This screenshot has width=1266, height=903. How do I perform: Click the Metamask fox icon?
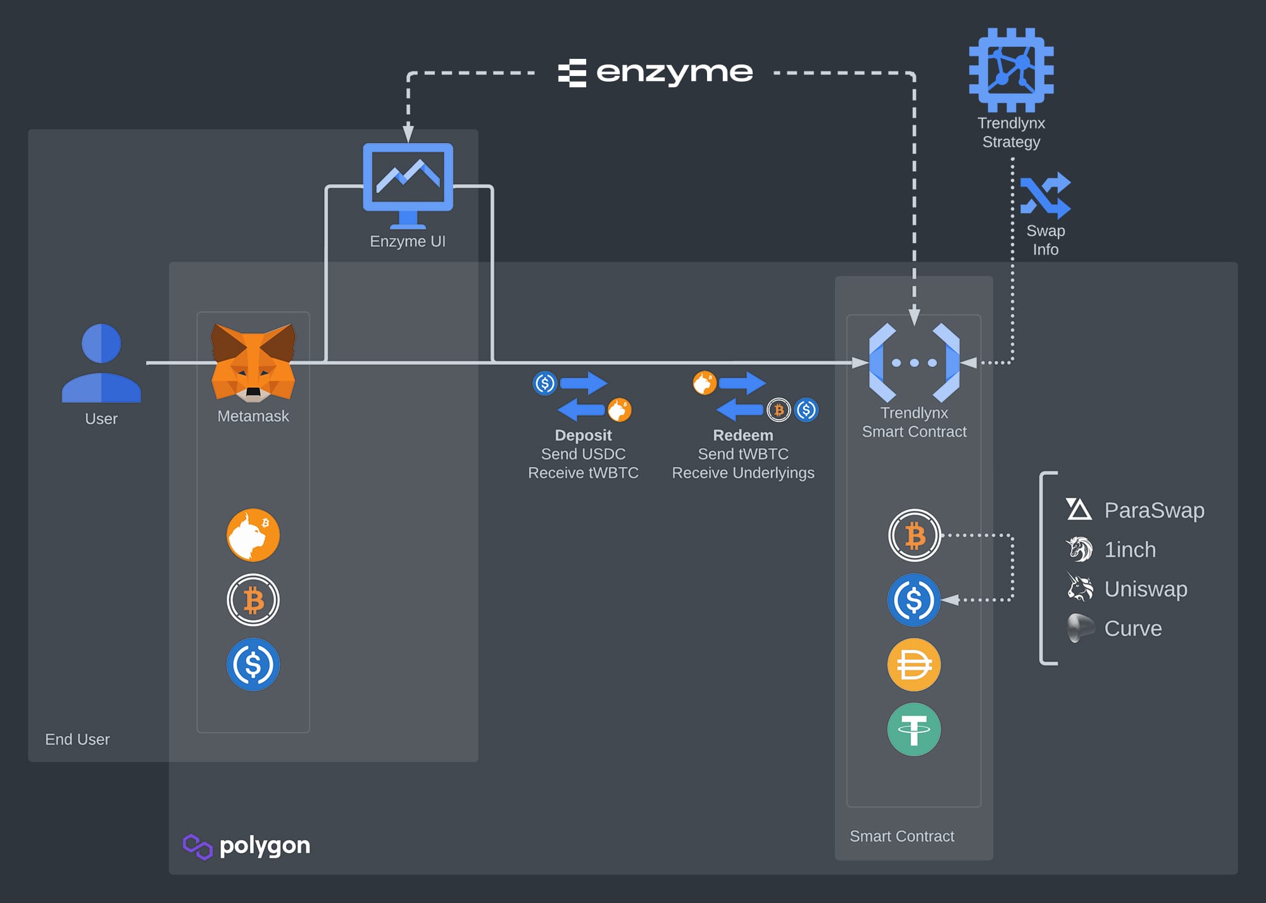click(253, 362)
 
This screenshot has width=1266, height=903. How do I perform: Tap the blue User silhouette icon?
click(101, 363)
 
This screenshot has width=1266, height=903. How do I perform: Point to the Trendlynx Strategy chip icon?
click(1011, 70)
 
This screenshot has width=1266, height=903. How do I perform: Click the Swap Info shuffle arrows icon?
click(1045, 196)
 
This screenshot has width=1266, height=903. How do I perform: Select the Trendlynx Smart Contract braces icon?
click(914, 363)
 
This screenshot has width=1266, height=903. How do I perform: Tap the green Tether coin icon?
click(913, 729)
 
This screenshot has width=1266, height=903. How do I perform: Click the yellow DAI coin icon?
click(913, 664)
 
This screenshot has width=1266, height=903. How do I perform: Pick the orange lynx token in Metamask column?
click(253, 535)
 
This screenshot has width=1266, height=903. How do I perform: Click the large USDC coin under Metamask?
click(253, 664)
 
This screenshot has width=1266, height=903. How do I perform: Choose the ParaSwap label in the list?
click(1153, 510)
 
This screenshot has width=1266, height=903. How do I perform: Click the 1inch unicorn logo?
click(1079, 549)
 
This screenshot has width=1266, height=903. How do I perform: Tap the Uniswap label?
click(1145, 589)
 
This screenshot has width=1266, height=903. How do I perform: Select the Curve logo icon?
click(1080, 628)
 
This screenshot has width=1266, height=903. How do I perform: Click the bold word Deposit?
click(583, 435)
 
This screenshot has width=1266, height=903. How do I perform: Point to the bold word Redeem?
click(743, 435)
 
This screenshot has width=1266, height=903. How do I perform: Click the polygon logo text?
click(264, 845)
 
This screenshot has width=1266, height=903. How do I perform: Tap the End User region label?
click(77, 739)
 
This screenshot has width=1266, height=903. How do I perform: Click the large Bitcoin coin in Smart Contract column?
click(913, 535)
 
